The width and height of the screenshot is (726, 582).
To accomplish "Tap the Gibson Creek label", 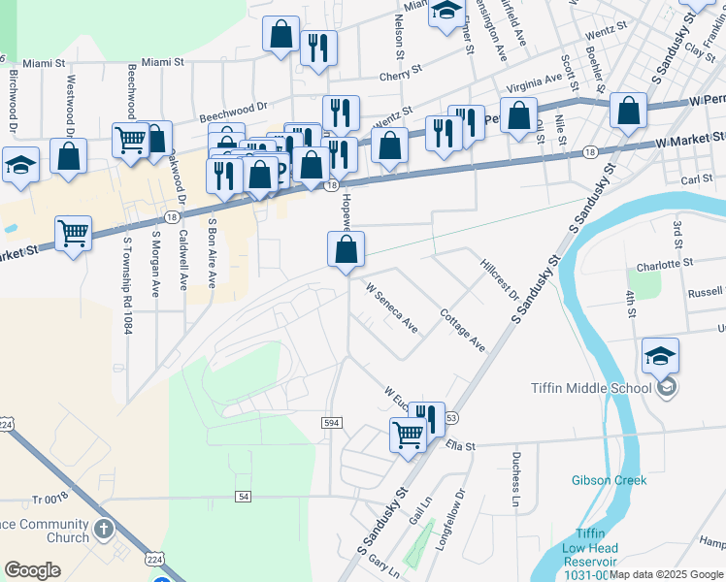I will click(609, 480).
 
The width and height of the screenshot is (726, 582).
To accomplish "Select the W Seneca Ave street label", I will click(391, 307).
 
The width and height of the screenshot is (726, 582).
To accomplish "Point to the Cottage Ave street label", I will click(462, 329).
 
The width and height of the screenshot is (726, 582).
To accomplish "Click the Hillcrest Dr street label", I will click(501, 278).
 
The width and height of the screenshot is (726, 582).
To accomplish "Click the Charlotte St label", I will click(665, 263).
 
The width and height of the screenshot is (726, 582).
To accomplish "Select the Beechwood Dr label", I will click(233, 112).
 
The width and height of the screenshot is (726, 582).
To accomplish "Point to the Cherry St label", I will click(402, 72).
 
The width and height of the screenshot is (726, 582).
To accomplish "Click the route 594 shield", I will click(331, 420).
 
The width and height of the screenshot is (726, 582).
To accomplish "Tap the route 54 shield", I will click(243, 496).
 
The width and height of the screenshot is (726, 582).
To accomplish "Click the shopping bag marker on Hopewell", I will click(346, 250).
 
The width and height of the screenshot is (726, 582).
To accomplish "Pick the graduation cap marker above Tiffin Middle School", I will click(660, 356).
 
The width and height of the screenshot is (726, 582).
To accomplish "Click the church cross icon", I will click(105, 531).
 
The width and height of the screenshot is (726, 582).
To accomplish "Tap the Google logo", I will click(32, 570).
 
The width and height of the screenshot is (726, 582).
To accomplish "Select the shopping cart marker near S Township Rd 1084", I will click(74, 234).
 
